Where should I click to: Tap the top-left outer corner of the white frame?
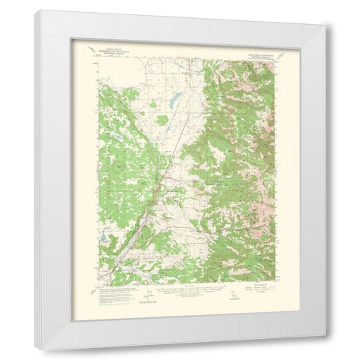[34, 10]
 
